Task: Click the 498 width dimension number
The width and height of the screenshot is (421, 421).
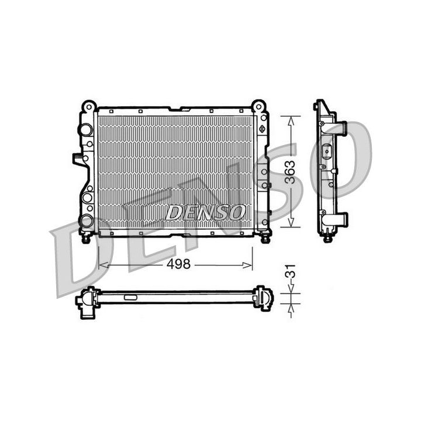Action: pyautogui.click(x=178, y=264)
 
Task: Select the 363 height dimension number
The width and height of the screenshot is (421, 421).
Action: pyautogui.click(x=290, y=171)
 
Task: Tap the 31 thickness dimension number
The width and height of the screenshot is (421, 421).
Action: pyautogui.click(x=290, y=271)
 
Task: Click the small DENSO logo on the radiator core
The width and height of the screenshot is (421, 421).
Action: pyautogui.click(x=204, y=213)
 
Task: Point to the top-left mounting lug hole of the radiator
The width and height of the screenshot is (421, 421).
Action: pyautogui.click(x=88, y=106)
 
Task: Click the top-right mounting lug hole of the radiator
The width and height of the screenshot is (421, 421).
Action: pyautogui.click(x=258, y=106)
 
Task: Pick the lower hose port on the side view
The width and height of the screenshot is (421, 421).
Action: pyautogui.click(x=339, y=219)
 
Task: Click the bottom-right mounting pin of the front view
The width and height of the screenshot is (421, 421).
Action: pyautogui.click(x=265, y=238)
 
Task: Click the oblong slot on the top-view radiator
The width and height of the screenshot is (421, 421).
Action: pyautogui.click(x=129, y=298)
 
